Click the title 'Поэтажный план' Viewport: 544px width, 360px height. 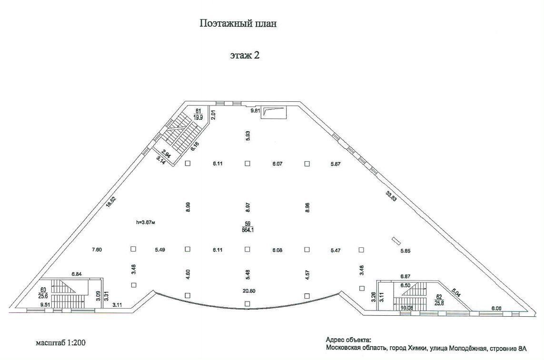pos(237,24)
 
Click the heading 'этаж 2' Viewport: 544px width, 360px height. pos(245,55)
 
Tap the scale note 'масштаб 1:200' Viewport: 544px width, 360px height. pos(60,342)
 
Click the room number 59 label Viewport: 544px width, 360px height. pos(247,224)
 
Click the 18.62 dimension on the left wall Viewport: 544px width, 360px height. pos(110,202)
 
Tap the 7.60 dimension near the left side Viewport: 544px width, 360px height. pos(97,249)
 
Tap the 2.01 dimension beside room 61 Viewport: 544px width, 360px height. pos(214,115)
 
